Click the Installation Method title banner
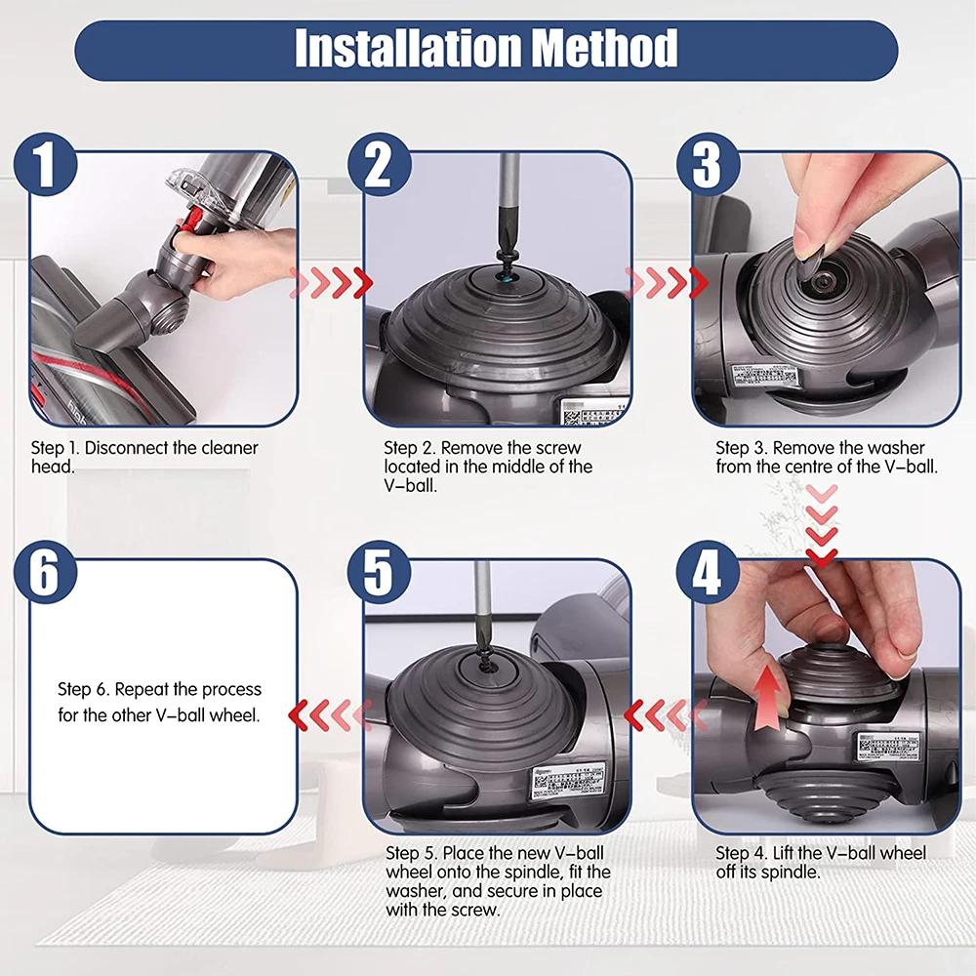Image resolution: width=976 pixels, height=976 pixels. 486,50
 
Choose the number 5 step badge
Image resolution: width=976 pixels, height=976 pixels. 378,576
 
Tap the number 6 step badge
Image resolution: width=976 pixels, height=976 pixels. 46,576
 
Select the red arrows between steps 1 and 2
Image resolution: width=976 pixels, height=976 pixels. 332,284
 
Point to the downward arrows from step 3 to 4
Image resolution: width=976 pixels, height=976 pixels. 822,523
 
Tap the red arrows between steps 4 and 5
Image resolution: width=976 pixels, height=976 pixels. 660,715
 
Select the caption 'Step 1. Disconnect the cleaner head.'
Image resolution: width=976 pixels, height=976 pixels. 144,457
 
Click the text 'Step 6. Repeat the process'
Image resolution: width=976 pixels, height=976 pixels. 160,689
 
